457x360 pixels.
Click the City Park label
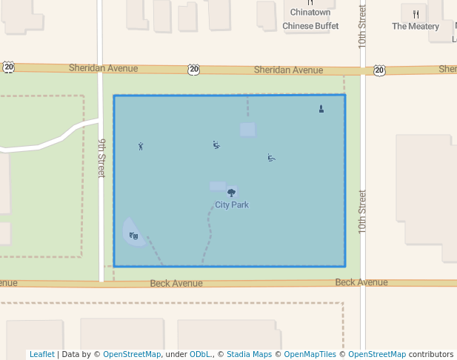pyautogui.click(x=232, y=204)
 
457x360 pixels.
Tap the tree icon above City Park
pyautogui.click(x=232, y=193)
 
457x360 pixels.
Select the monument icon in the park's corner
pyautogui.click(x=321, y=109)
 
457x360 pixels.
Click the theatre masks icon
pyautogui.click(x=133, y=236)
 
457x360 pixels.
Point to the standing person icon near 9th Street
pyautogui.click(x=141, y=146)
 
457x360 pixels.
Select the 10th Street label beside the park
pyautogui.click(x=362, y=212)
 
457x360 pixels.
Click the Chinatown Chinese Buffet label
pyautogui.click(x=310, y=19)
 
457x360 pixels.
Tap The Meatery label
pyautogui.click(x=416, y=27)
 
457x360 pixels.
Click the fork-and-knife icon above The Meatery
pyautogui.click(x=416, y=13)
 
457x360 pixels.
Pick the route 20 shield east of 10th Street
pyautogui.click(x=379, y=70)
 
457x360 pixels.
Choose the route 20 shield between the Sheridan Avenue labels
pyautogui.click(x=193, y=69)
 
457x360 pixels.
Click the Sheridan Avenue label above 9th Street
pyautogui.click(x=104, y=68)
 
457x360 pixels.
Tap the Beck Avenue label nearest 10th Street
pyautogui.click(x=361, y=282)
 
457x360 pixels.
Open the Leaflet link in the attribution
pyautogui.click(x=41, y=354)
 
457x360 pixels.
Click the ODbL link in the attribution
pyautogui.click(x=200, y=354)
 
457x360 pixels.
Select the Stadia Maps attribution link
pyautogui.click(x=249, y=354)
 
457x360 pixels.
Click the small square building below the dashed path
pyautogui.click(x=247, y=130)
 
